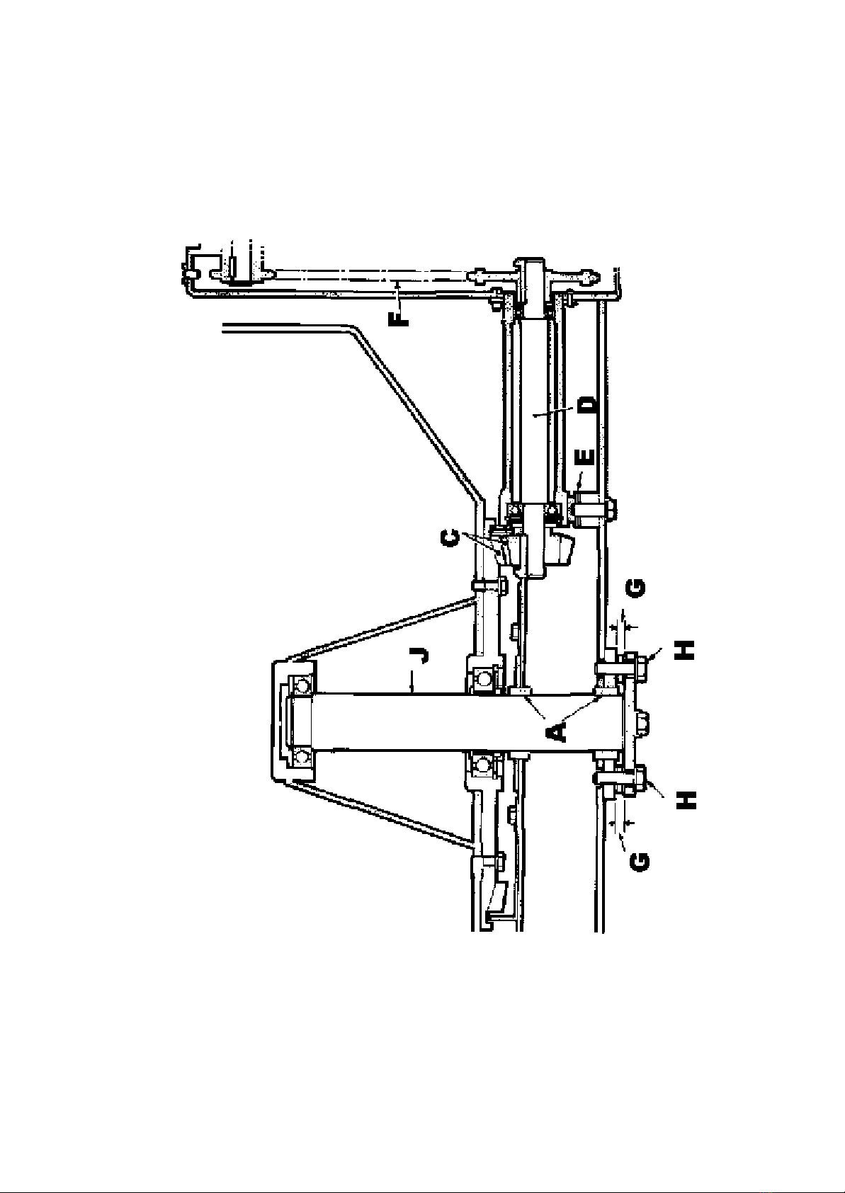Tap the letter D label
(588, 405)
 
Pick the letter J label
(421, 654)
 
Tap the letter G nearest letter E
(637, 588)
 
